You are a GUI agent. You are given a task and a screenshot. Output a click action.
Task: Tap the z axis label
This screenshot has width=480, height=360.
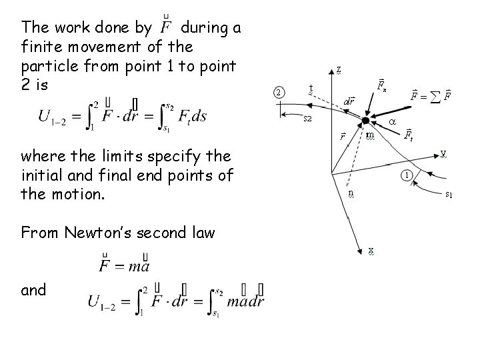click(x=339, y=69)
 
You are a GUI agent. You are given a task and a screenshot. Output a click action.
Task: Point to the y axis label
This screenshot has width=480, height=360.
click(x=443, y=153)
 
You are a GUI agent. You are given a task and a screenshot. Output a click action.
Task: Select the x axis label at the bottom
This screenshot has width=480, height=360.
click(x=371, y=250)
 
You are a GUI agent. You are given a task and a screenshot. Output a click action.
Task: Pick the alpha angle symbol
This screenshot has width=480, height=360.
click(x=392, y=123)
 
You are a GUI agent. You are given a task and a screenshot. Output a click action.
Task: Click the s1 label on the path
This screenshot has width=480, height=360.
click(x=449, y=195)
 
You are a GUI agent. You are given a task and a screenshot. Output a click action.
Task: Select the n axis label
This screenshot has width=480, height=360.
click(x=351, y=193)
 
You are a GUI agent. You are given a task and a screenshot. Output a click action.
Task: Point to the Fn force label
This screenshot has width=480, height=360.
click(x=381, y=85)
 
